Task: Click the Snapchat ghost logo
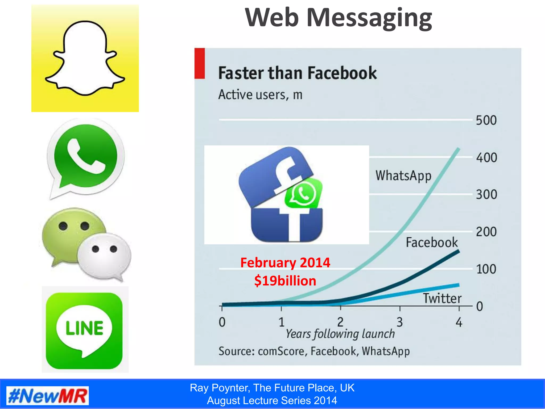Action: pyautogui.click(x=85, y=58)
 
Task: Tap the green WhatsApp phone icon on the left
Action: pyautogui.click(x=86, y=157)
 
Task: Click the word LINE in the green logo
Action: pyautogui.click(x=84, y=328)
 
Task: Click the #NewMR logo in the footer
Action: pyautogui.click(x=48, y=396)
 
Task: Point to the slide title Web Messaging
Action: pyautogui.click(x=338, y=18)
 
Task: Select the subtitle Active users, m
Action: pyautogui.click(x=260, y=95)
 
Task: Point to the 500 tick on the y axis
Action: pyautogui.click(x=486, y=120)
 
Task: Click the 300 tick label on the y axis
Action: pyautogui.click(x=486, y=195)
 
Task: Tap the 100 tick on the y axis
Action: pyautogui.click(x=486, y=269)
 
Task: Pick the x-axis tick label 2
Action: pyautogui.click(x=340, y=322)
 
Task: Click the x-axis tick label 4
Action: pyautogui.click(x=459, y=322)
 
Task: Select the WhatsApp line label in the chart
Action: pyautogui.click(x=403, y=176)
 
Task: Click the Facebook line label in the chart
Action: pyautogui.click(x=432, y=243)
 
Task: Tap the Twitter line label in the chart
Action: pyautogui.click(x=442, y=298)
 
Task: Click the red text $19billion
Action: pyautogui.click(x=285, y=281)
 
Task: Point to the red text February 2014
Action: pyautogui.click(x=285, y=263)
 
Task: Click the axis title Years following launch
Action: pyautogui.click(x=340, y=334)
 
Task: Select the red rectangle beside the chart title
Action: pyautogui.click(x=200, y=63)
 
